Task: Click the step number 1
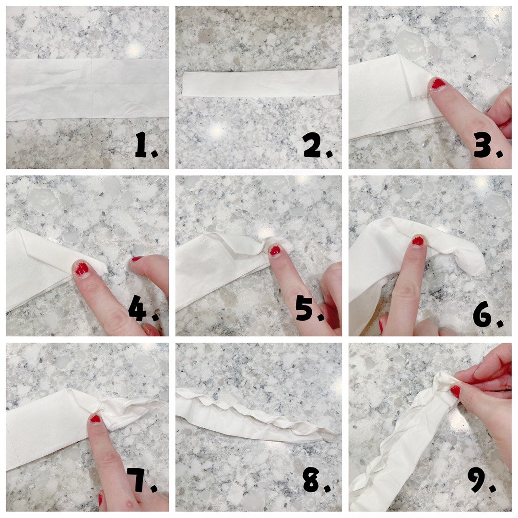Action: (x=146, y=145)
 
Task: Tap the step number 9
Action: (x=482, y=480)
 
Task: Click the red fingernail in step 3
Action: (x=437, y=84)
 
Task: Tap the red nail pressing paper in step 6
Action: (x=418, y=240)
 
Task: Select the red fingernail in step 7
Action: (x=95, y=419)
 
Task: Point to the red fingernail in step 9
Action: (x=455, y=391)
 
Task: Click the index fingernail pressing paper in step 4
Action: (x=81, y=268)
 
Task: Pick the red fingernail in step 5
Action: (x=275, y=250)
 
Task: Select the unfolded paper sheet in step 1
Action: (x=87, y=89)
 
